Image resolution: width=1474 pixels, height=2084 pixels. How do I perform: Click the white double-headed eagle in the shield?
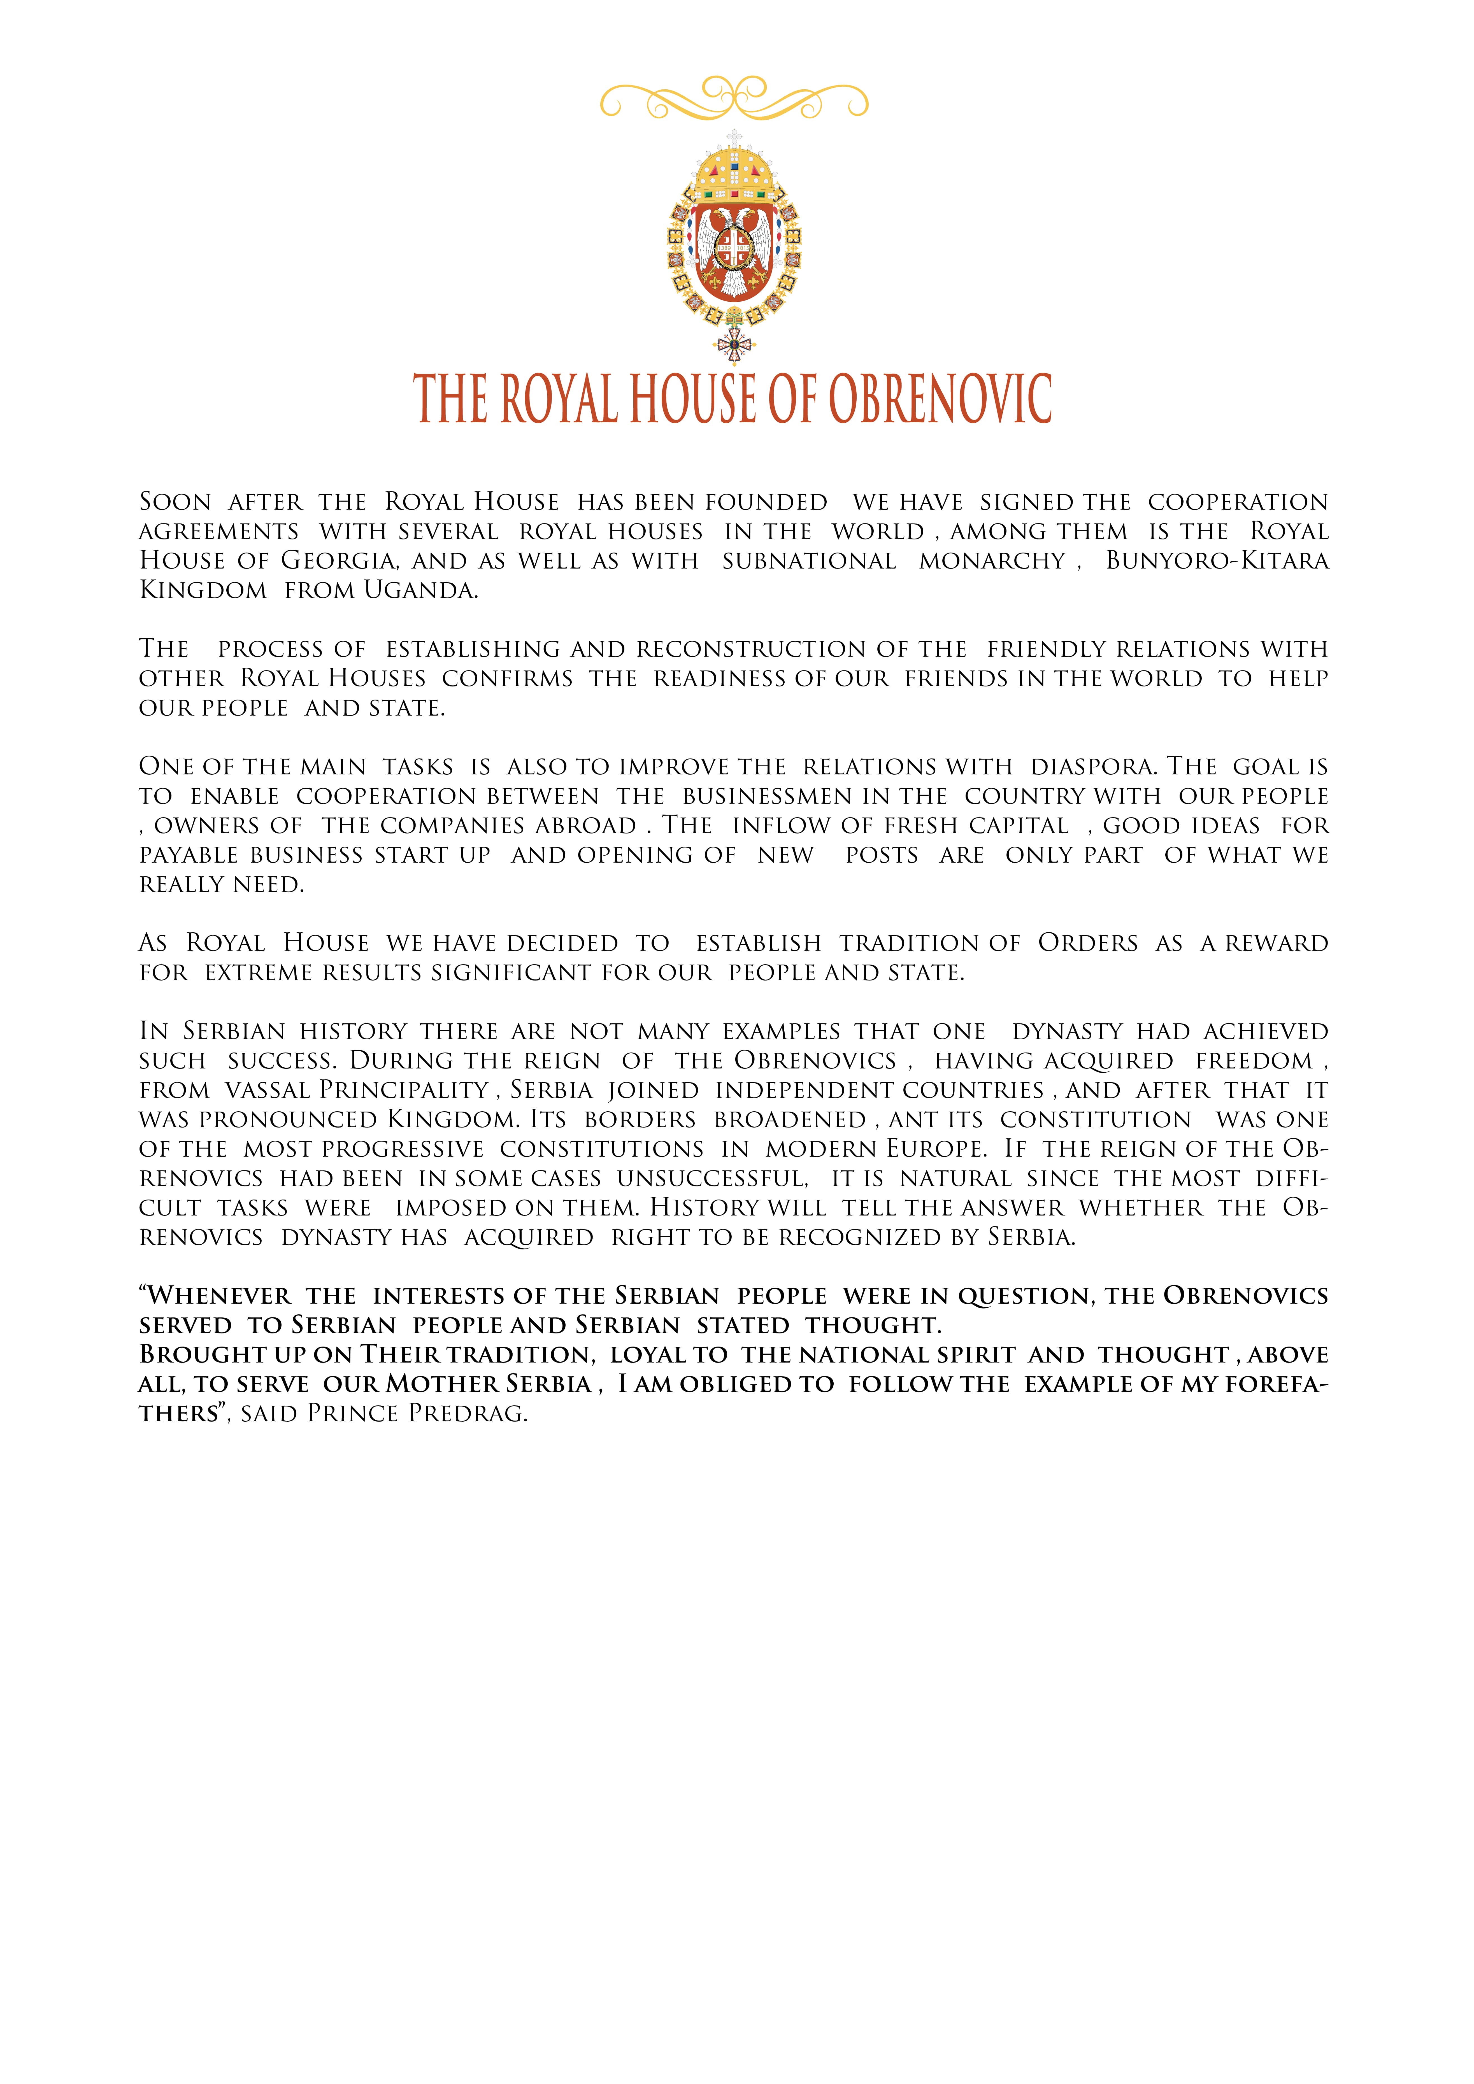coord(733,245)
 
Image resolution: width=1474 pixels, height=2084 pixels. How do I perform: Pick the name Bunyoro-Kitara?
coord(1216,561)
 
